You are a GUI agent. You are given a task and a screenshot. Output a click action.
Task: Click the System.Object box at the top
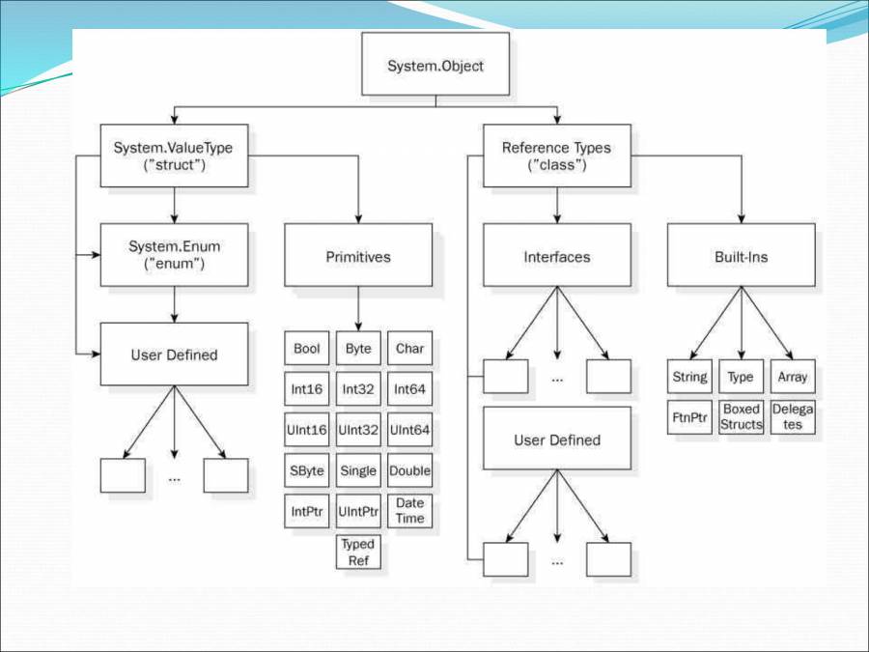tap(435, 66)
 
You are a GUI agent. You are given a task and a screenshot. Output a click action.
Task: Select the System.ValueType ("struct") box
tap(174, 156)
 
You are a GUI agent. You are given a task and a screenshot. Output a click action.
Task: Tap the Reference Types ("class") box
tap(557, 156)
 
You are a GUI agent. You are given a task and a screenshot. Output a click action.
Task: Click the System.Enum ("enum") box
tap(174, 255)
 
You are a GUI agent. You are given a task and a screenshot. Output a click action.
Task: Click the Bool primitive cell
tap(307, 349)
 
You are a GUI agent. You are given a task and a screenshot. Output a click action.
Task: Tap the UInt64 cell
tap(410, 429)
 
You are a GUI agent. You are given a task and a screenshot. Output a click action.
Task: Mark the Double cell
tap(410, 470)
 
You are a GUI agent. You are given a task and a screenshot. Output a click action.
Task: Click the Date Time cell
tap(410, 511)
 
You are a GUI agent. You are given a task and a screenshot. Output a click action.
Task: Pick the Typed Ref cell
tap(358, 552)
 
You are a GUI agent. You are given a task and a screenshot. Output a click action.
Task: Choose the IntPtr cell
tap(307, 511)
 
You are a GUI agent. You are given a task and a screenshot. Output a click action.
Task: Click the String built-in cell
tap(689, 377)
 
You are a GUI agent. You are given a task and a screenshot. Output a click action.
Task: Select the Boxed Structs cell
tap(742, 417)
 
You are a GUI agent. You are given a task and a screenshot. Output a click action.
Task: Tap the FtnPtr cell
tap(689, 417)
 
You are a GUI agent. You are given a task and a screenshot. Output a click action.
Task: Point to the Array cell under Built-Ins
tap(793, 377)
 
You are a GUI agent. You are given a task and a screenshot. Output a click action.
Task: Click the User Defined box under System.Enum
tap(174, 354)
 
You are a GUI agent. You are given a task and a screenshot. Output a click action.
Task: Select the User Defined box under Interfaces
tap(557, 439)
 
